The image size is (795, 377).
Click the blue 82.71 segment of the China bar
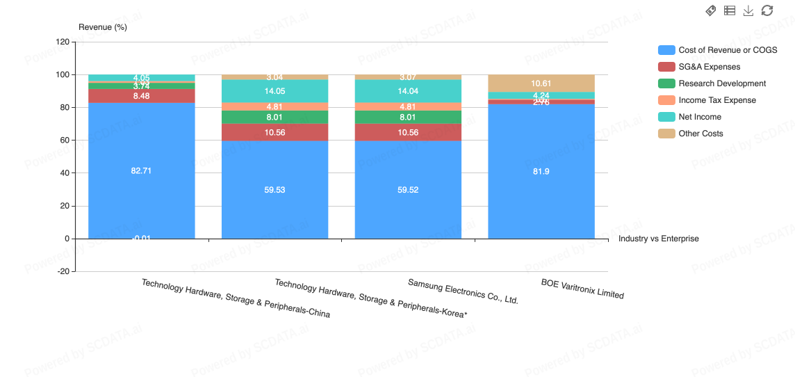point(141,170)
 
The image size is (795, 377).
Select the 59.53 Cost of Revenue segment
point(274,189)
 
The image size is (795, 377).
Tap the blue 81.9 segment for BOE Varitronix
point(541,171)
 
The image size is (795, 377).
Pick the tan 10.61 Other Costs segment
point(541,83)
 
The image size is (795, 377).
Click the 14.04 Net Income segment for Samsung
point(408,91)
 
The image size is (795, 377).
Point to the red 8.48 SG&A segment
point(141,96)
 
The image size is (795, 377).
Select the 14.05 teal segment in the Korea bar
point(274,91)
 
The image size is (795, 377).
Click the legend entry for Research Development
point(721,83)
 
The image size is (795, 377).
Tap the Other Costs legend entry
point(700,134)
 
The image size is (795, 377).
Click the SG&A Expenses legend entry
point(709,67)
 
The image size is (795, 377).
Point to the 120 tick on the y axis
point(63,42)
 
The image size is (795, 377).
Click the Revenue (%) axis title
point(103,27)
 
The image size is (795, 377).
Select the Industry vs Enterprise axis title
point(658,239)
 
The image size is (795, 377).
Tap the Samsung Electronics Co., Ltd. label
point(463,291)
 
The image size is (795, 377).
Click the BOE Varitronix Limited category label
point(582,289)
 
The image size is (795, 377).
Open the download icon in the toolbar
point(748,10)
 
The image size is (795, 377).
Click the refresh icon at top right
point(767,10)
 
